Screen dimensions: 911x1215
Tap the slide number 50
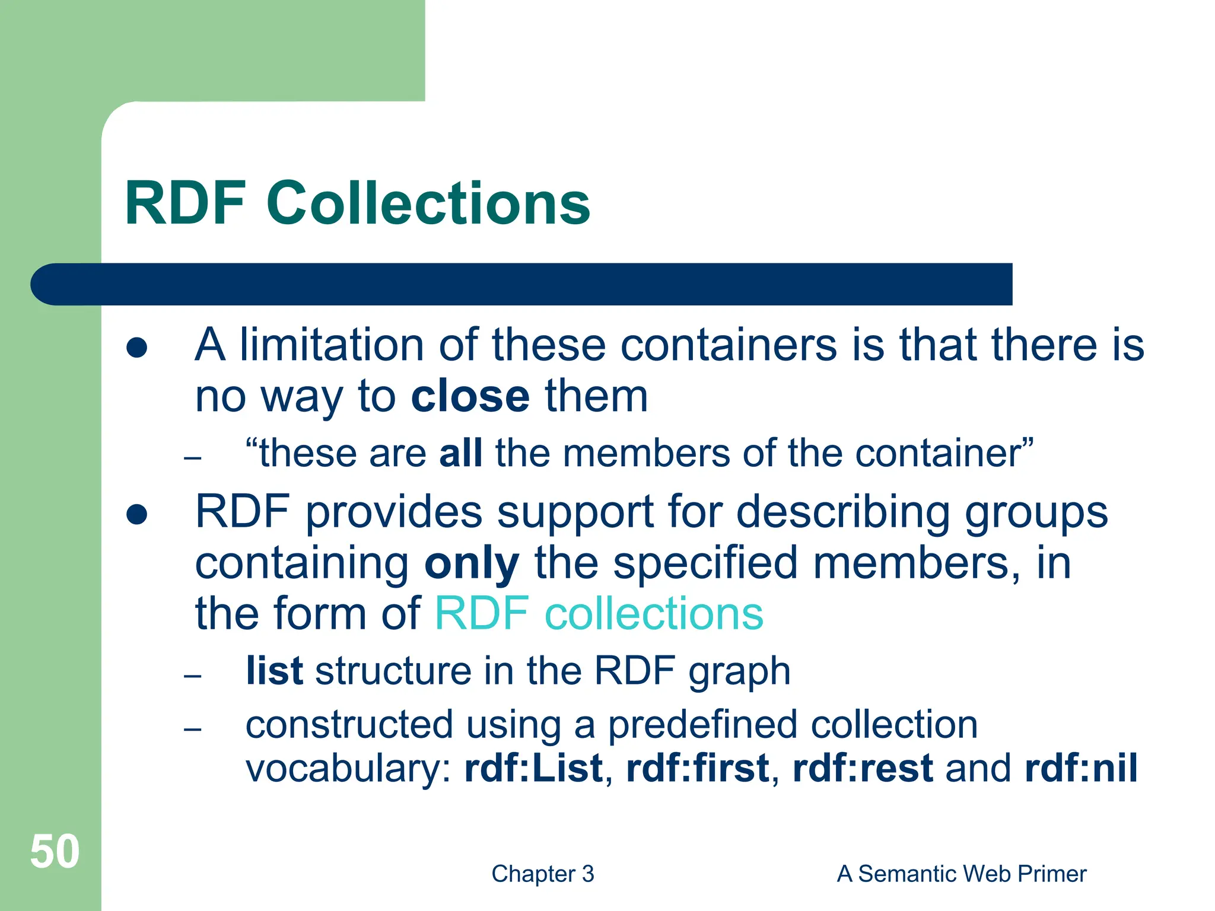click(55, 852)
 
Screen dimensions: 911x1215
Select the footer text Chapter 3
click(542, 874)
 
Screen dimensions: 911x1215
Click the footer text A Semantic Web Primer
click(961, 874)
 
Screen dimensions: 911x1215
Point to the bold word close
click(470, 396)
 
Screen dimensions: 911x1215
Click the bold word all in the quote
click(460, 454)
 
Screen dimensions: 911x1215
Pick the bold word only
click(472, 563)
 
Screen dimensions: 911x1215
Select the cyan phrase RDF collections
click(599, 613)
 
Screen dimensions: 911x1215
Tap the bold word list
click(274, 671)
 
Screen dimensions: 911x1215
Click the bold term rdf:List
click(533, 768)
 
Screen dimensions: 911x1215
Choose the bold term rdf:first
click(698, 768)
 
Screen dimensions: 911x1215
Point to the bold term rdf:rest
click(863, 768)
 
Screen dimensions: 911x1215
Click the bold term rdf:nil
click(1081, 768)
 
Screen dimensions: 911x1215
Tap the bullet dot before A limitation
click(136, 348)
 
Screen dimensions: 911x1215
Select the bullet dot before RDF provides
click(136, 514)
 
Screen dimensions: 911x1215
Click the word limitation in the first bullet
click(331, 345)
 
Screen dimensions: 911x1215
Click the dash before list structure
click(192, 676)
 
